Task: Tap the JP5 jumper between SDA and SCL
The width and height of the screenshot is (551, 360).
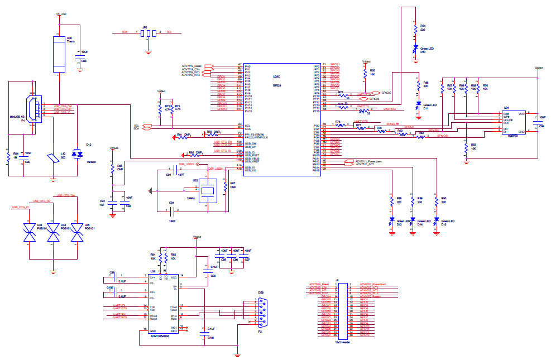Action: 148,33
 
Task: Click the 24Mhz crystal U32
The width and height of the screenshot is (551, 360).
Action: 207,190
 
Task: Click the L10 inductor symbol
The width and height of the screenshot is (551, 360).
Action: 54,159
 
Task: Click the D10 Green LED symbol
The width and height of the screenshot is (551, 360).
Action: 415,50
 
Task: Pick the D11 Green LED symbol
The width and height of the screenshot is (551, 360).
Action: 418,104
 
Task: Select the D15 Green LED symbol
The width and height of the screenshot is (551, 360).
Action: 436,222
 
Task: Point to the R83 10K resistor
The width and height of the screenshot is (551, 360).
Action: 466,148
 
